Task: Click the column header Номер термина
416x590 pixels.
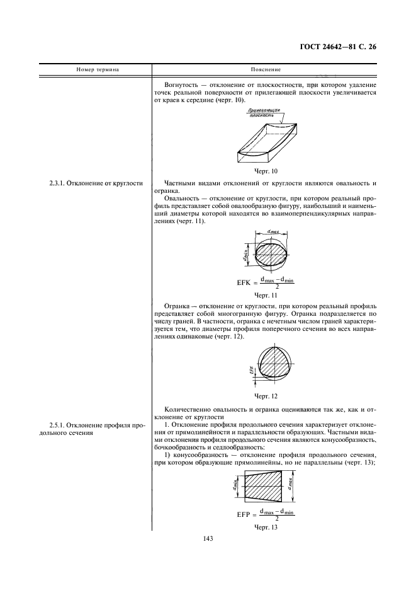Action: click(98, 69)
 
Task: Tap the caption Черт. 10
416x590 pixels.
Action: click(266, 171)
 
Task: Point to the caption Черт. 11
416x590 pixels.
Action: click(266, 294)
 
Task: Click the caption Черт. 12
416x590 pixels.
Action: click(266, 396)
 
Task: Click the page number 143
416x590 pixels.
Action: click(208, 538)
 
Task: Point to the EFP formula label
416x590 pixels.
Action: click(245, 515)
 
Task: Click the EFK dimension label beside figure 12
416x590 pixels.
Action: click(250, 371)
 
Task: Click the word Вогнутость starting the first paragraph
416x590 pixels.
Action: click(181, 84)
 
